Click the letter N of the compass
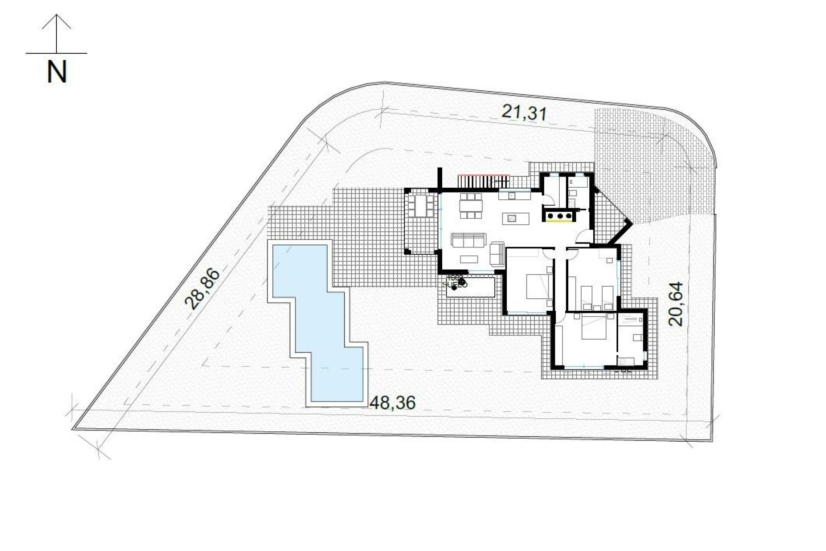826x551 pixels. [57, 73]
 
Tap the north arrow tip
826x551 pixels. [57, 15]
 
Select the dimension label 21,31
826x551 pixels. [524, 113]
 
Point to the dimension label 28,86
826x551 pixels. [202, 289]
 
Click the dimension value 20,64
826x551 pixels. [676, 304]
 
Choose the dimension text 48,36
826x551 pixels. [393, 403]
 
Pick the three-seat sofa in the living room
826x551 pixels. [468, 240]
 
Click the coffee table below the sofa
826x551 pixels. [469, 259]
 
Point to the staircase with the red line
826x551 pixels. [483, 181]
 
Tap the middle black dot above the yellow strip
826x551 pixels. [559, 215]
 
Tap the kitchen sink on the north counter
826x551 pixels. [512, 195]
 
